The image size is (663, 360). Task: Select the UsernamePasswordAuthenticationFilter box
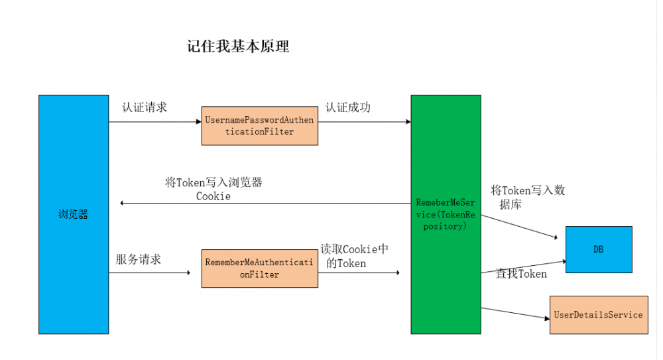(x=259, y=126)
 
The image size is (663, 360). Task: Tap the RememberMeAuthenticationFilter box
(x=259, y=268)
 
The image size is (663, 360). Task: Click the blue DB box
(x=598, y=249)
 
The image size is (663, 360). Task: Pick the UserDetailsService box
(x=598, y=314)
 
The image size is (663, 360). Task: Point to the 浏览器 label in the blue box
(x=73, y=214)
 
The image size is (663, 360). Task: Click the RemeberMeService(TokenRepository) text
(x=446, y=213)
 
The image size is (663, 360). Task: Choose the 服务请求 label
(x=139, y=259)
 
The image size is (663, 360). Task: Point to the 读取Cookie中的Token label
(x=355, y=256)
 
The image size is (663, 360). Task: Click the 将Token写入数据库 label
(x=527, y=197)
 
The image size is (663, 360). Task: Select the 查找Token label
(x=522, y=273)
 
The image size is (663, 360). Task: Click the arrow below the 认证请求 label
(x=154, y=121)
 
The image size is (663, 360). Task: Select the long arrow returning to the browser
(x=265, y=203)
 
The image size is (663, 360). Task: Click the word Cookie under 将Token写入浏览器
(x=213, y=196)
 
